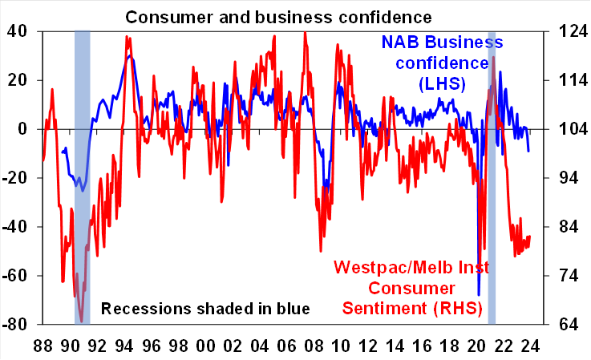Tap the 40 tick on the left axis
17,32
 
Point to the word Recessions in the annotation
142,309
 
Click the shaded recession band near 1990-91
82,176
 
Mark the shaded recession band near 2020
492,176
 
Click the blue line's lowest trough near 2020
479,295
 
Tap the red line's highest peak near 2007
305,34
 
